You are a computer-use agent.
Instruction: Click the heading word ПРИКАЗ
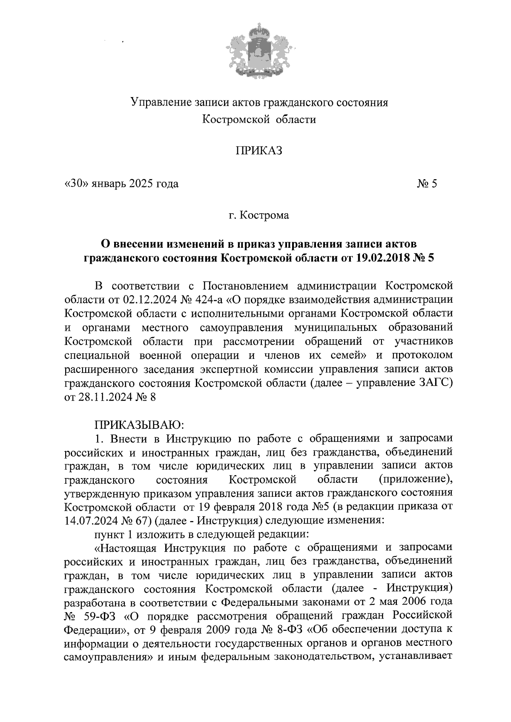point(259,152)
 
